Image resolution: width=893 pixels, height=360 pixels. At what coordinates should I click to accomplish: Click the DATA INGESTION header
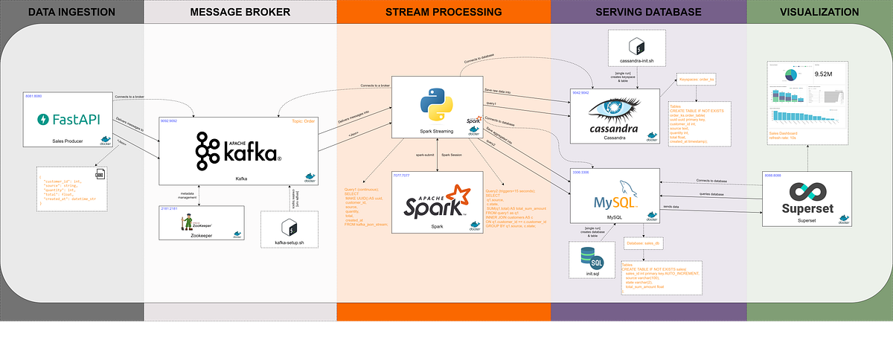click(x=72, y=11)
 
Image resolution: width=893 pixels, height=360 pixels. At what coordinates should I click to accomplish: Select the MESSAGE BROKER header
click(x=240, y=11)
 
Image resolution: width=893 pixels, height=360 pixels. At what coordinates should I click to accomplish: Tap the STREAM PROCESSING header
click(x=444, y=11)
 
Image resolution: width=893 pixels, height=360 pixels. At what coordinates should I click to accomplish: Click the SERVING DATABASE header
click(x=648, y=11)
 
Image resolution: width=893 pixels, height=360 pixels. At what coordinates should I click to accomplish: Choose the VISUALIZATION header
click(x=819, y=11)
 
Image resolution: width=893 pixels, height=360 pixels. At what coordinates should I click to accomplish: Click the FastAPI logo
click(x=71, y=119)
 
